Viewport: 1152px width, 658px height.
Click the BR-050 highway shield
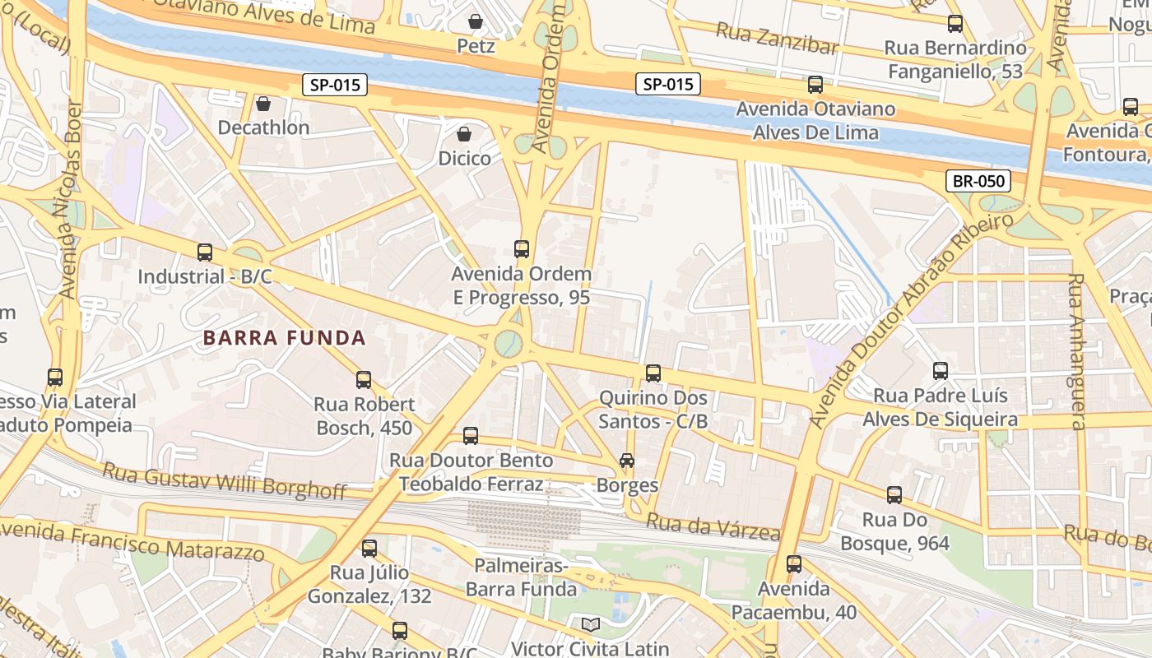[x=978, y=181]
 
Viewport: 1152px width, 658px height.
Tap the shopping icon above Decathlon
[x=263, y=104]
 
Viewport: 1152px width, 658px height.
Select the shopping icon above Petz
[x=475, y=21]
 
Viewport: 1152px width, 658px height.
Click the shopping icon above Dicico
[x=464, y=133]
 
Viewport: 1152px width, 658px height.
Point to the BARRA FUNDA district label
[x=284, y=337]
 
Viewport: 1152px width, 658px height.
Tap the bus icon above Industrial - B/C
[x=204, y=252]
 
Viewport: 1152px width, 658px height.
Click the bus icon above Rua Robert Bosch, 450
[x=363, y=379]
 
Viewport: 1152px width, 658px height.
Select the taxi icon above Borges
[x=627, y=461]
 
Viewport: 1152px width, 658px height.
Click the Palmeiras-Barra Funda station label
[x=521, y=577]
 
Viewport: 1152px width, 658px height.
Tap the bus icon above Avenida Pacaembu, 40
[x=793, y=564]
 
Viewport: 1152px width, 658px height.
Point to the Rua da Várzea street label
[x=712, y=527]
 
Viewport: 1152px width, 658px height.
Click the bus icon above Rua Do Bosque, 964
[x=894, y=495]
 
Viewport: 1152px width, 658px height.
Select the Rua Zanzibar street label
[x=777, y=39]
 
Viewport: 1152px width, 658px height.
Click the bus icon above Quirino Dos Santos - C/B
[x=653, y=373]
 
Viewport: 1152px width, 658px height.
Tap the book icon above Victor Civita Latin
[x=590, y=624]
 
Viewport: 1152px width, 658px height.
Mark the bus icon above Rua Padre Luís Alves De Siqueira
[x=940, y=371]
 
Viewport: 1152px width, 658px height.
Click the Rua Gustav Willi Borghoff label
[x=224, y=481]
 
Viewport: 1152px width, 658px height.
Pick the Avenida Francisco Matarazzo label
[x=132, y=539]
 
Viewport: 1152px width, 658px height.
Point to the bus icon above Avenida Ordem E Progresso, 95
[x=521, y=248]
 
